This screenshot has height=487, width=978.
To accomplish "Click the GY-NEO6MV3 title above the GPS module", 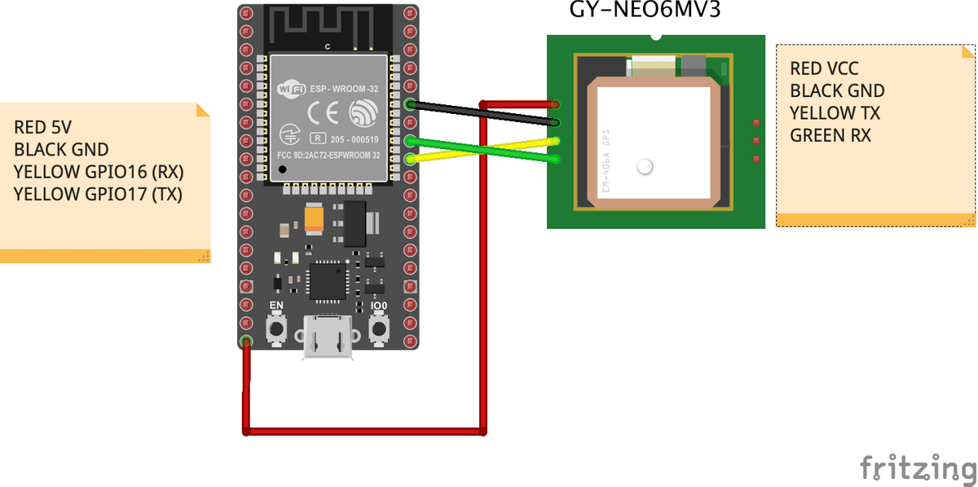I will pos(644,11).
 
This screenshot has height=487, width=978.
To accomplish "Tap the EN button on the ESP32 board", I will pos(277,328).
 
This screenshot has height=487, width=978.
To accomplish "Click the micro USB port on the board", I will pos(328,336).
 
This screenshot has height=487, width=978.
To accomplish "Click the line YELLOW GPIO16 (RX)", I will pos(99,172).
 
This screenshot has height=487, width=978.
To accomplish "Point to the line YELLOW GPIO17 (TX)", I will pos(98,194).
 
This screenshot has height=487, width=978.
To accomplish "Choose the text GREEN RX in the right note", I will pos(830,135).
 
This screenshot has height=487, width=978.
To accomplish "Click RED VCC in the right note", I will pos(824,69).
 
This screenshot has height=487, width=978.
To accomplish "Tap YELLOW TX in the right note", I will pos(835,113).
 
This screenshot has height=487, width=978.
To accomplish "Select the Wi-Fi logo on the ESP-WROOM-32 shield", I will pos(292,88).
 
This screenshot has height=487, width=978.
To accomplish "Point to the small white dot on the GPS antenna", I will pos(645,167).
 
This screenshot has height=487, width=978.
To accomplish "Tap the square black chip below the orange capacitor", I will pos(328,281).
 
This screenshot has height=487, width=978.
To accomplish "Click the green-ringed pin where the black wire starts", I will pos(409,104).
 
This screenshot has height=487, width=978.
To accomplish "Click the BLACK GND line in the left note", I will pos(61,150).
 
